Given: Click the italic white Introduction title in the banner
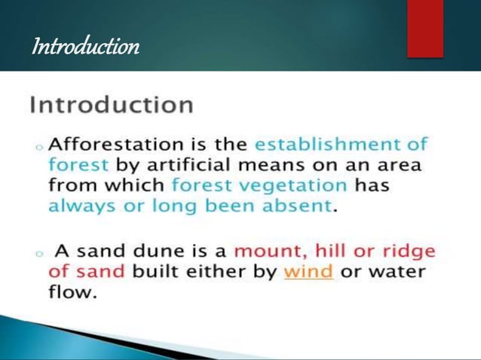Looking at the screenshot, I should tap(85, 47).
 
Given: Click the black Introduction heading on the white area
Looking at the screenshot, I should tap(112, 104).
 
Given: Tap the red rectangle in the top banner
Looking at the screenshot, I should tap(425, 29).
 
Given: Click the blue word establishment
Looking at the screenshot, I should tap(330, 143).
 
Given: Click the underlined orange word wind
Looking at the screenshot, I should tap(308, 272).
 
